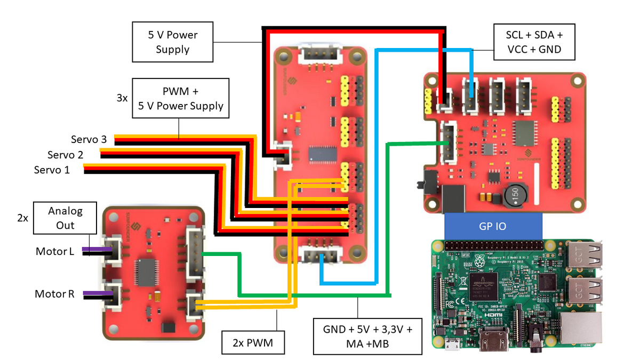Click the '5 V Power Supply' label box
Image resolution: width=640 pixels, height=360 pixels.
(173, 42)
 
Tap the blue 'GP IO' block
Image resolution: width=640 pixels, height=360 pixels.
(493, 226)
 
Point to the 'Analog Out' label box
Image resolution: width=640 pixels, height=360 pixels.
(66, 218)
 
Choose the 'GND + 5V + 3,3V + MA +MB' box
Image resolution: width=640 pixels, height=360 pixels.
(367, 335)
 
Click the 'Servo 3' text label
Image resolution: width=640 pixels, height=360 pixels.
(89, 140)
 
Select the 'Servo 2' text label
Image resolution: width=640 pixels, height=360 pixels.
(65, 155)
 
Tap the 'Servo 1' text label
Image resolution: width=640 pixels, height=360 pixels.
(52, 170)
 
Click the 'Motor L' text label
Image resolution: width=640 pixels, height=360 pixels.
(55, 251)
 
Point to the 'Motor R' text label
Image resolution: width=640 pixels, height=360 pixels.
(54, 294)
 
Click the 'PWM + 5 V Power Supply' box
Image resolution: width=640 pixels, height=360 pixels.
(180, 98)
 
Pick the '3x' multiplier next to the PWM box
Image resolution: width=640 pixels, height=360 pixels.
(122, 98)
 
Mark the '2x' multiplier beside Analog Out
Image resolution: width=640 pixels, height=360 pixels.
(22, 218)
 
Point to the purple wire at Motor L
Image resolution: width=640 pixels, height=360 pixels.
(94, 249)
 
